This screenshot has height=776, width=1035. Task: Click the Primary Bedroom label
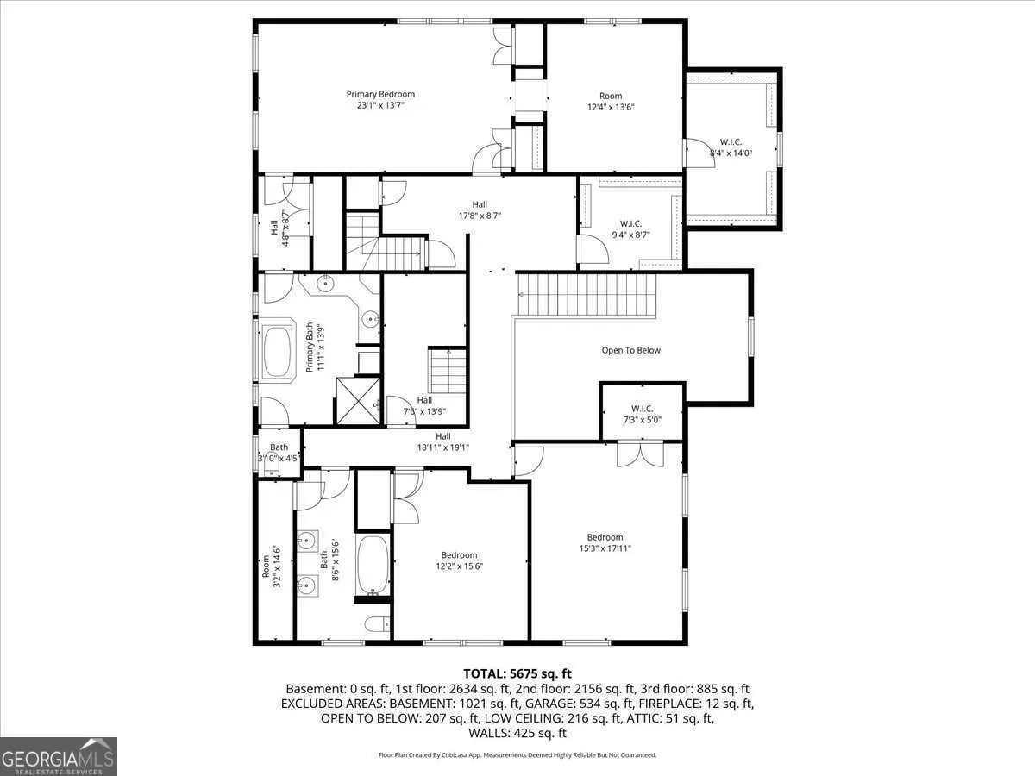(x=380, y=100)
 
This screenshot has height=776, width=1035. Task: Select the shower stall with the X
(x=358, y=400)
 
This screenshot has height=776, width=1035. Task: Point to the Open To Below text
(x=630, y=351)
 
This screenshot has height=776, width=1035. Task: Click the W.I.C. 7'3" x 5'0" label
(x=643, y=414)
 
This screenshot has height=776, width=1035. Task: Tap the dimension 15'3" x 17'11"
(x=605, y=548)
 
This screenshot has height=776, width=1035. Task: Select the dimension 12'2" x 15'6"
(x=459, y=566)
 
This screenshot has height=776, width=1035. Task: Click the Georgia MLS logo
(x=59, y=756)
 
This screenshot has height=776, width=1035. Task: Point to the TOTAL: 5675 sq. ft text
(x=517, y=673)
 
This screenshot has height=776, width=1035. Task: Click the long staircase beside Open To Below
(x=586, y=295)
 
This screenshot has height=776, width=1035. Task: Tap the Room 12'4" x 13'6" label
(x=611, y=101)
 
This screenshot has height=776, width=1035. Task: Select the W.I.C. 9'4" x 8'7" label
(x=630, y=229)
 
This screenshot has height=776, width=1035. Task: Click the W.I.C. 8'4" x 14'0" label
(x=731, y=147)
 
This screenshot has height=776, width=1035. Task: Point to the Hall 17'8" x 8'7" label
(x=480, y=210)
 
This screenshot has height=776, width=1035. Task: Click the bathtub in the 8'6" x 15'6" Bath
(x=373, y=566)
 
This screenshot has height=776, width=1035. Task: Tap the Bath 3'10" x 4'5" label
(x=279, y=453)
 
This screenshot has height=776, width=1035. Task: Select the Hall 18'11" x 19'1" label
(x=443, y=442)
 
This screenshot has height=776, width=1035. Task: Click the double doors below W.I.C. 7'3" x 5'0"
(x=640, y=454)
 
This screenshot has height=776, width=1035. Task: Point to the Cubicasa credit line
(x=517, y=755)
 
